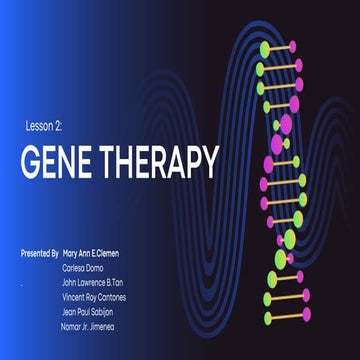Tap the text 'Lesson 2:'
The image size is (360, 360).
45,127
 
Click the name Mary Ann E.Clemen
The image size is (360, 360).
98,255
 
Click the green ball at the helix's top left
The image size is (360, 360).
266,47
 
